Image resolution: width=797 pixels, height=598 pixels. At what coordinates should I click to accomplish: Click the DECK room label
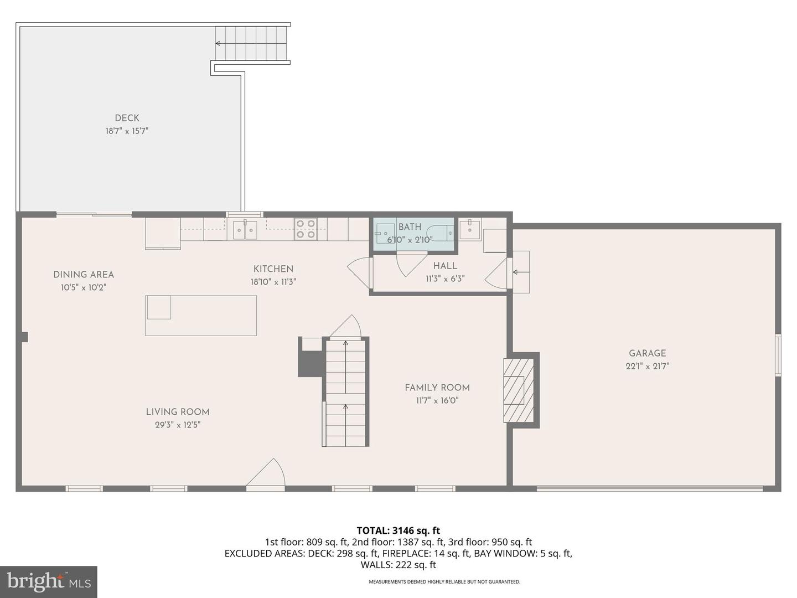coord(127,118)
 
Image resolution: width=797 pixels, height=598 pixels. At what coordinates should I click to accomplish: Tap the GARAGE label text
coord(647,353)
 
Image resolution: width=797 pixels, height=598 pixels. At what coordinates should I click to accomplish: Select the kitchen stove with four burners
coord(305,229)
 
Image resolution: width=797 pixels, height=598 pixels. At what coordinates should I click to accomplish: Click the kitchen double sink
coord(245,230)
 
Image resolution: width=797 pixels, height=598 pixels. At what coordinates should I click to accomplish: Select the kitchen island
coord(201,315)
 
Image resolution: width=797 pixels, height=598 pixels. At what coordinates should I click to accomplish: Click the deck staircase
coord(252,43)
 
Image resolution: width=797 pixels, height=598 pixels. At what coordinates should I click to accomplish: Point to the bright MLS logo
coord(49,581)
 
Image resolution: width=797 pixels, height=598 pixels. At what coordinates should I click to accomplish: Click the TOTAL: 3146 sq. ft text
coord(398,530)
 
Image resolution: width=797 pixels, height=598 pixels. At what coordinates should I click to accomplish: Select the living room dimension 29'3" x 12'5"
coord(177,425)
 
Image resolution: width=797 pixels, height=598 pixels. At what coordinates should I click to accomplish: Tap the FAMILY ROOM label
coord(437,388)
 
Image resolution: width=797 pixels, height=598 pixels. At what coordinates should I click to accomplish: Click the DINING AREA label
coord(84,275)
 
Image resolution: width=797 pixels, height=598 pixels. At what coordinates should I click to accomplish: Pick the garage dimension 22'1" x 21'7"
coord(647,366)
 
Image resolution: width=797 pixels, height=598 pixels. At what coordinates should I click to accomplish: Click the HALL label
coord(445,266)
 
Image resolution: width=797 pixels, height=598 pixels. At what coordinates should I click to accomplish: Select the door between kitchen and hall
coord(360,271)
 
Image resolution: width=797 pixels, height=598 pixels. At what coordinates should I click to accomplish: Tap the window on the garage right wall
coord(778,355)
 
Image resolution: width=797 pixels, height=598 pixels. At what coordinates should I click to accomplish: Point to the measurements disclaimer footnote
coord(444,582)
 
